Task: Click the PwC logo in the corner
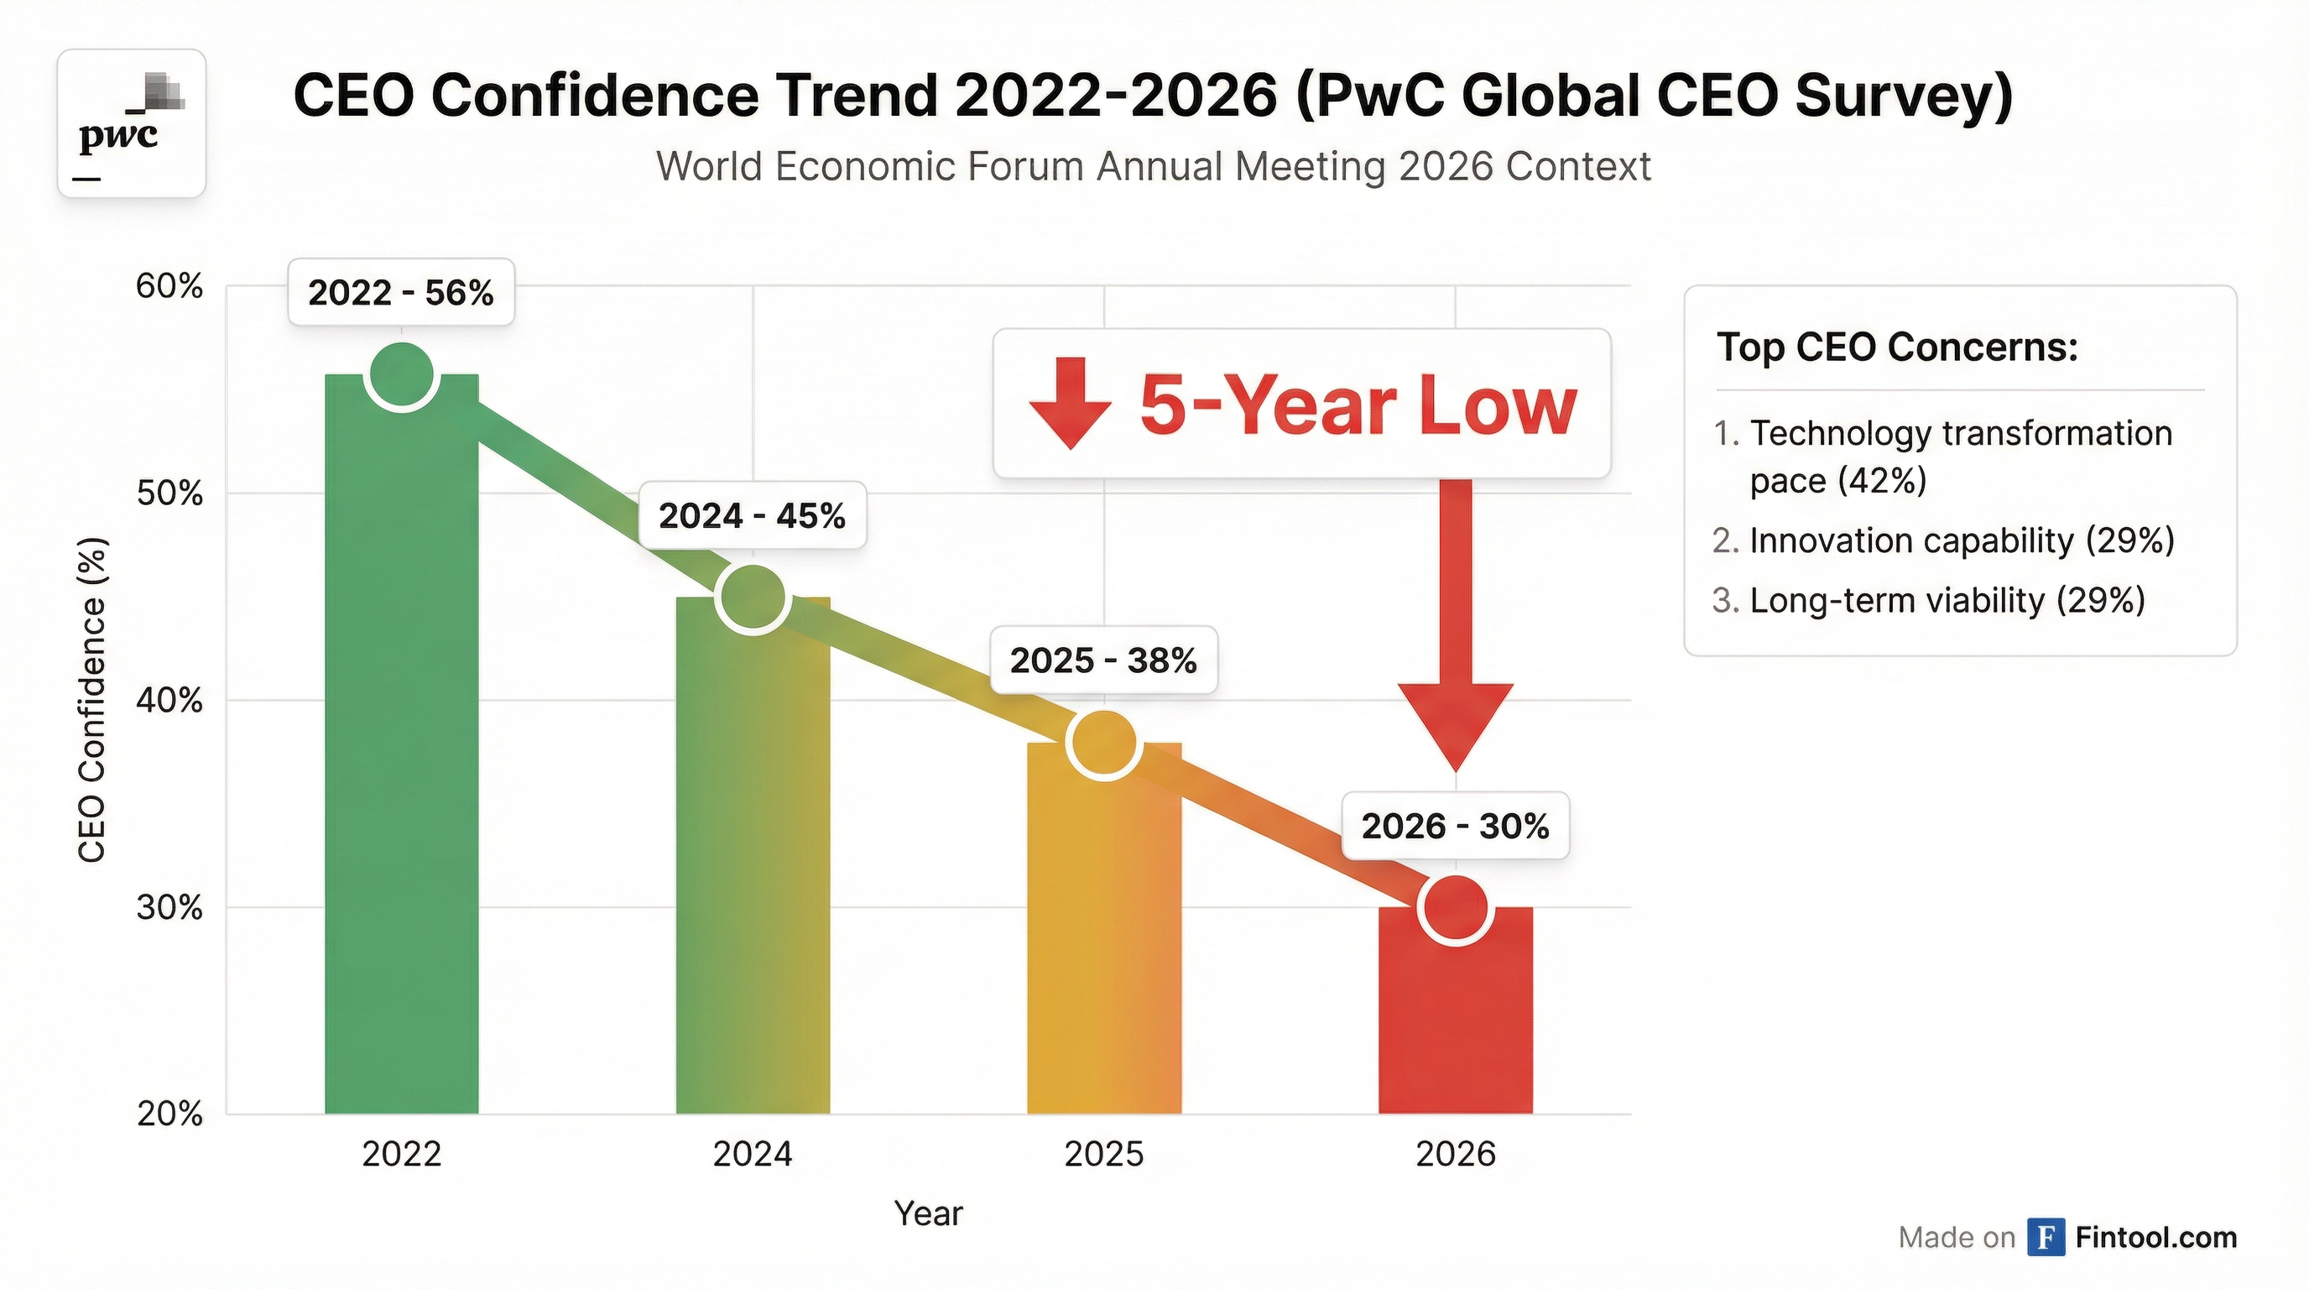(132, 123)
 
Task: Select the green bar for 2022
(401, 762)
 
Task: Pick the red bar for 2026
(1455, 1022)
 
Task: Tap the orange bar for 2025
(1103, 942)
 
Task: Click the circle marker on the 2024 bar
(753, 598)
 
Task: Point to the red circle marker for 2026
(1456, 908)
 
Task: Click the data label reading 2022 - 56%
(401, 292)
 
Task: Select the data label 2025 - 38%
(1102, 660)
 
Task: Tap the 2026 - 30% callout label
(1455, 826)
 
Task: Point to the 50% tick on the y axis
(169, 493)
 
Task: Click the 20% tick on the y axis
(169, 1114)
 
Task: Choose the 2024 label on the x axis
(752, 1154)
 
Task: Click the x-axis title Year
(928, 1213)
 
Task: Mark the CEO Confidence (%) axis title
(91, 699)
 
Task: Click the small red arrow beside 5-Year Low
(1071, 403)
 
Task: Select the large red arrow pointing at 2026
(1455, 628)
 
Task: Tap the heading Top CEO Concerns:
(1897, 347)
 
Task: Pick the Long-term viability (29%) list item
(1946, 600)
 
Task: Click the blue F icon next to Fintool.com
(2046, 1237)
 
